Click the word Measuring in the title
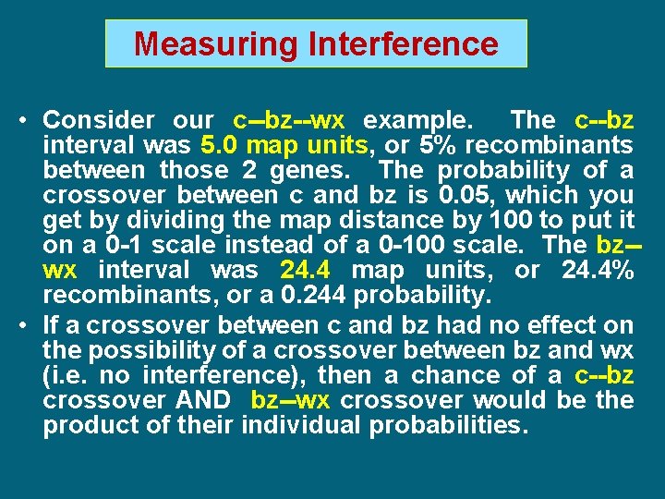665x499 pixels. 201,43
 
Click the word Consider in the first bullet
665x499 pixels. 99,120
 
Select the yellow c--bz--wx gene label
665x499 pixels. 288,120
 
